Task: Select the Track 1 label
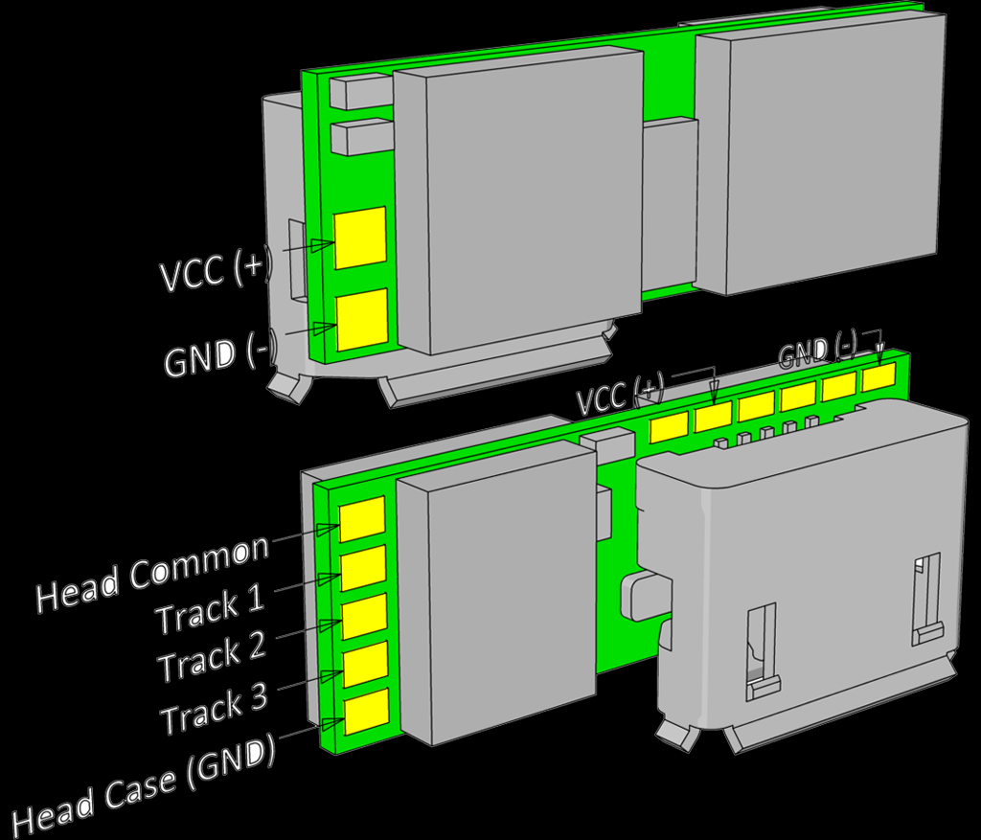(x=210, y=611)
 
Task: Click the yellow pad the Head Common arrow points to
(x=363, y=518)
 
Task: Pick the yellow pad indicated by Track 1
(x=363, y=568)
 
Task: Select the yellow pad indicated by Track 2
(x=364, y=616)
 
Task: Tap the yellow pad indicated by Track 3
(x=365, y=664)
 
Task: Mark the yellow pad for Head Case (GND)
(x=366, y=711)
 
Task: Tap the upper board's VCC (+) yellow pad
(x=360, y=238)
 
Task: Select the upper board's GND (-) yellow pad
(x=362, y=319)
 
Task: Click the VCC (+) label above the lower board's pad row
(x=620, y=394)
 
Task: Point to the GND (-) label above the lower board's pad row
(x=817, y=352)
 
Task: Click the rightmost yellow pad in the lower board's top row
(x=878, y=376)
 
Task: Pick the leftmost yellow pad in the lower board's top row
(x=669, y=427)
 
